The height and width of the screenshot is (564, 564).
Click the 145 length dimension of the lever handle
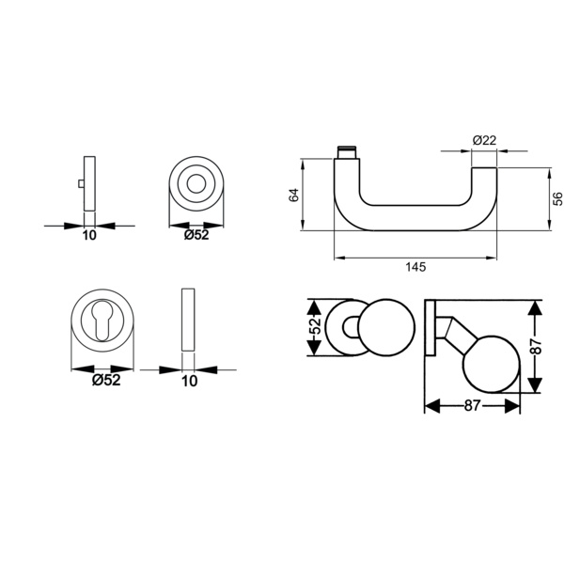coord(415,267)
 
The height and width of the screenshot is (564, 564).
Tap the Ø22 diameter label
coord(484,140)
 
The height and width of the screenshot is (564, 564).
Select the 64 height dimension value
coord(294,195)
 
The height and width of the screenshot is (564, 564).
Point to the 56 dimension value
coord(557,199)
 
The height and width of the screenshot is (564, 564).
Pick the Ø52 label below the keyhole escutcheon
coord(106,380)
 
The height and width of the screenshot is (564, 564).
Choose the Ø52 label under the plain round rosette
coord(196,235)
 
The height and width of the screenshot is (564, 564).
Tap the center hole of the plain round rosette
coord(196,184)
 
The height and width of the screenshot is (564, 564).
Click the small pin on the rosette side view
coord(81,184)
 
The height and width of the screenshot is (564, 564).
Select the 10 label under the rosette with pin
coord(89,236)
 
